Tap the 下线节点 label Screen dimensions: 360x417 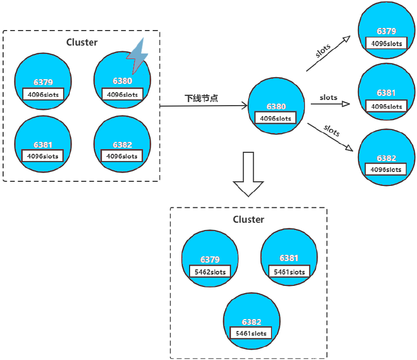coord(202,98)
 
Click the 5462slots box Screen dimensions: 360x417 coord(210,272)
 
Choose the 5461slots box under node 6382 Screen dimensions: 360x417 coord(251,333)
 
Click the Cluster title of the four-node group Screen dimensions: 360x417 coord(82,42)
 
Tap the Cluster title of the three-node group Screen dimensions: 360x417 coord(248,220)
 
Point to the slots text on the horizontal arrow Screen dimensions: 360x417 coord(328,97)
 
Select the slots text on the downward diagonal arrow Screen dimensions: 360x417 coord(332,130)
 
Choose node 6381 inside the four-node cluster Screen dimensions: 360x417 coord(43,142)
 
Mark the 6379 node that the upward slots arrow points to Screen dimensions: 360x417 coord(386,31)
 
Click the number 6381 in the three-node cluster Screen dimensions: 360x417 coord(289,258)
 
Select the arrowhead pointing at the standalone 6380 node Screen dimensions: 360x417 coord(244,106)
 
